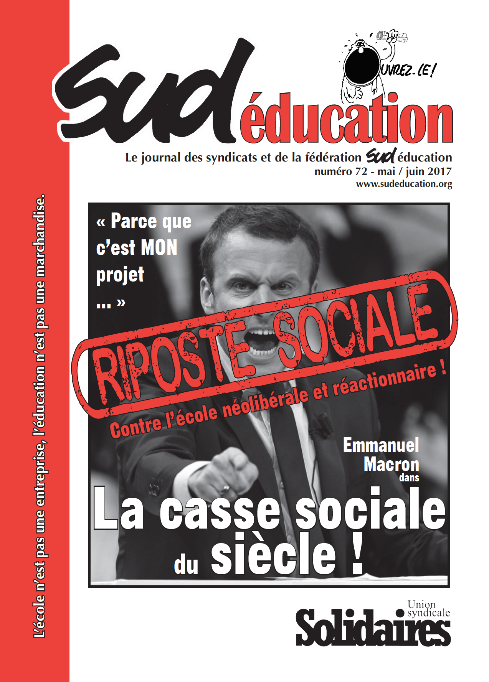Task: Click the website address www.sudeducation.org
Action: [x=404, y=184]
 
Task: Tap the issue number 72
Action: [x=361, y=171]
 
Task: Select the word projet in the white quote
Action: [x=120, y=275]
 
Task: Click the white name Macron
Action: [x=391, y=465]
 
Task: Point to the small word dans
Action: [x=409, y=478]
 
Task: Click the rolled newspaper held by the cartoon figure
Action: [x=392, y=36]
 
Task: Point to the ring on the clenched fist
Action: [x=225, y=488]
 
